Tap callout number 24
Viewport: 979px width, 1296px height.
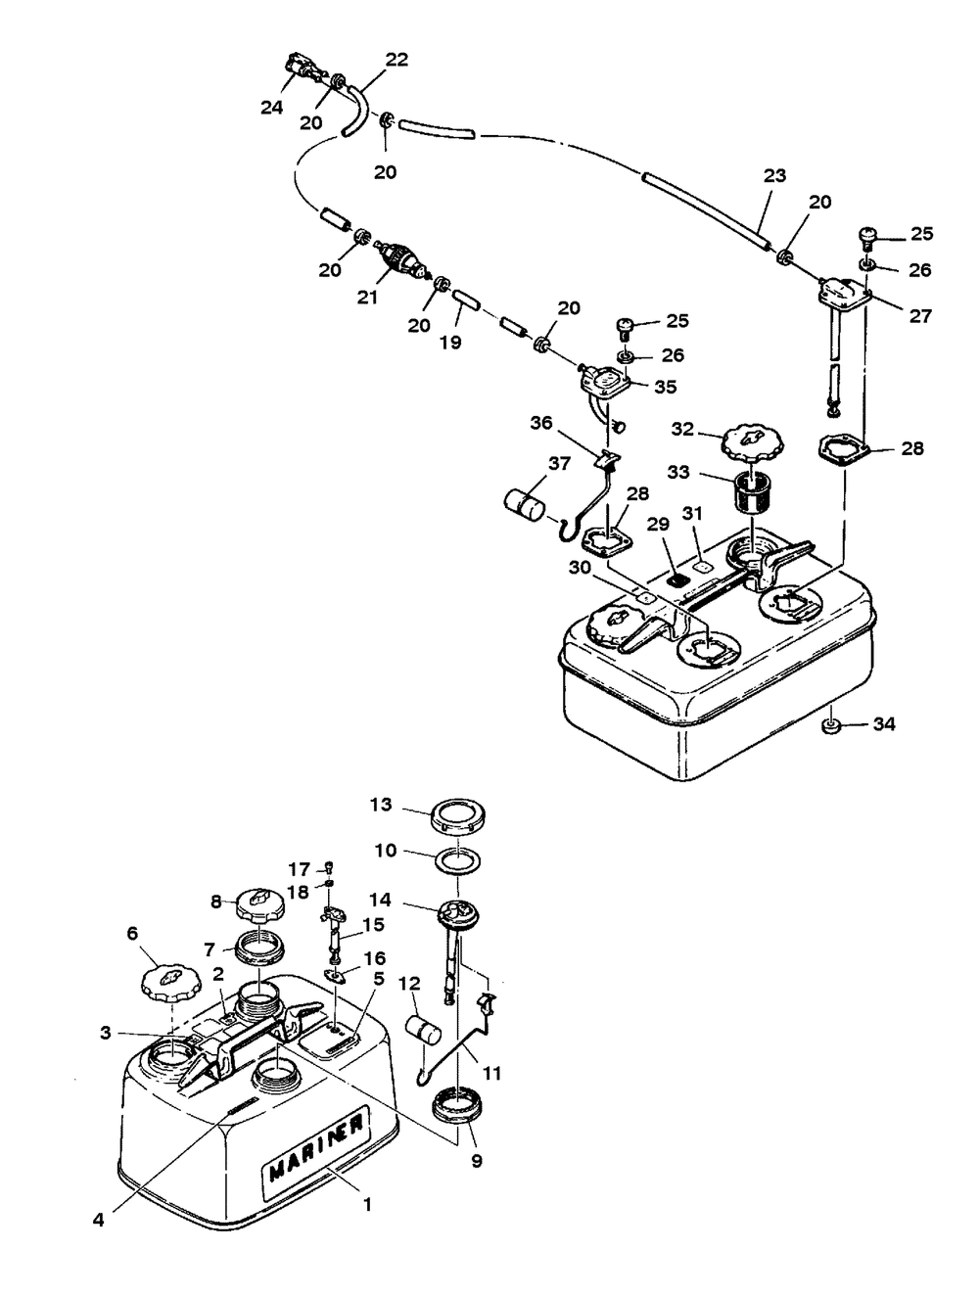tap(271, 108)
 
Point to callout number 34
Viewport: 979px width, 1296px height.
tap(884, 724)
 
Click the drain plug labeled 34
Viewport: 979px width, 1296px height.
tap(830, 726)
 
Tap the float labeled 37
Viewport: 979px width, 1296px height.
tap(524, 507)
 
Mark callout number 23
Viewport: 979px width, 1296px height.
tap(774, 175)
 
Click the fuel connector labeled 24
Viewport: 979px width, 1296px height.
tap(305, 69)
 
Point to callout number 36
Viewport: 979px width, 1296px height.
tap(541, 423)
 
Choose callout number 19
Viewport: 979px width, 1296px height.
tap(450, 342)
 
